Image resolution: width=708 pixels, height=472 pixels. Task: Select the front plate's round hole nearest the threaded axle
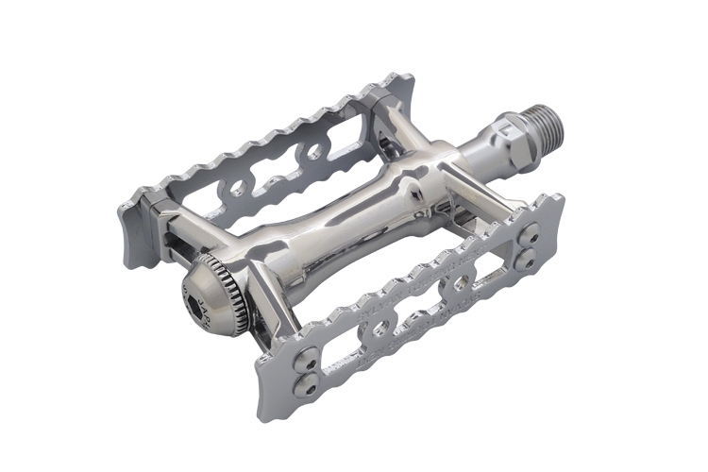[461, 283]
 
